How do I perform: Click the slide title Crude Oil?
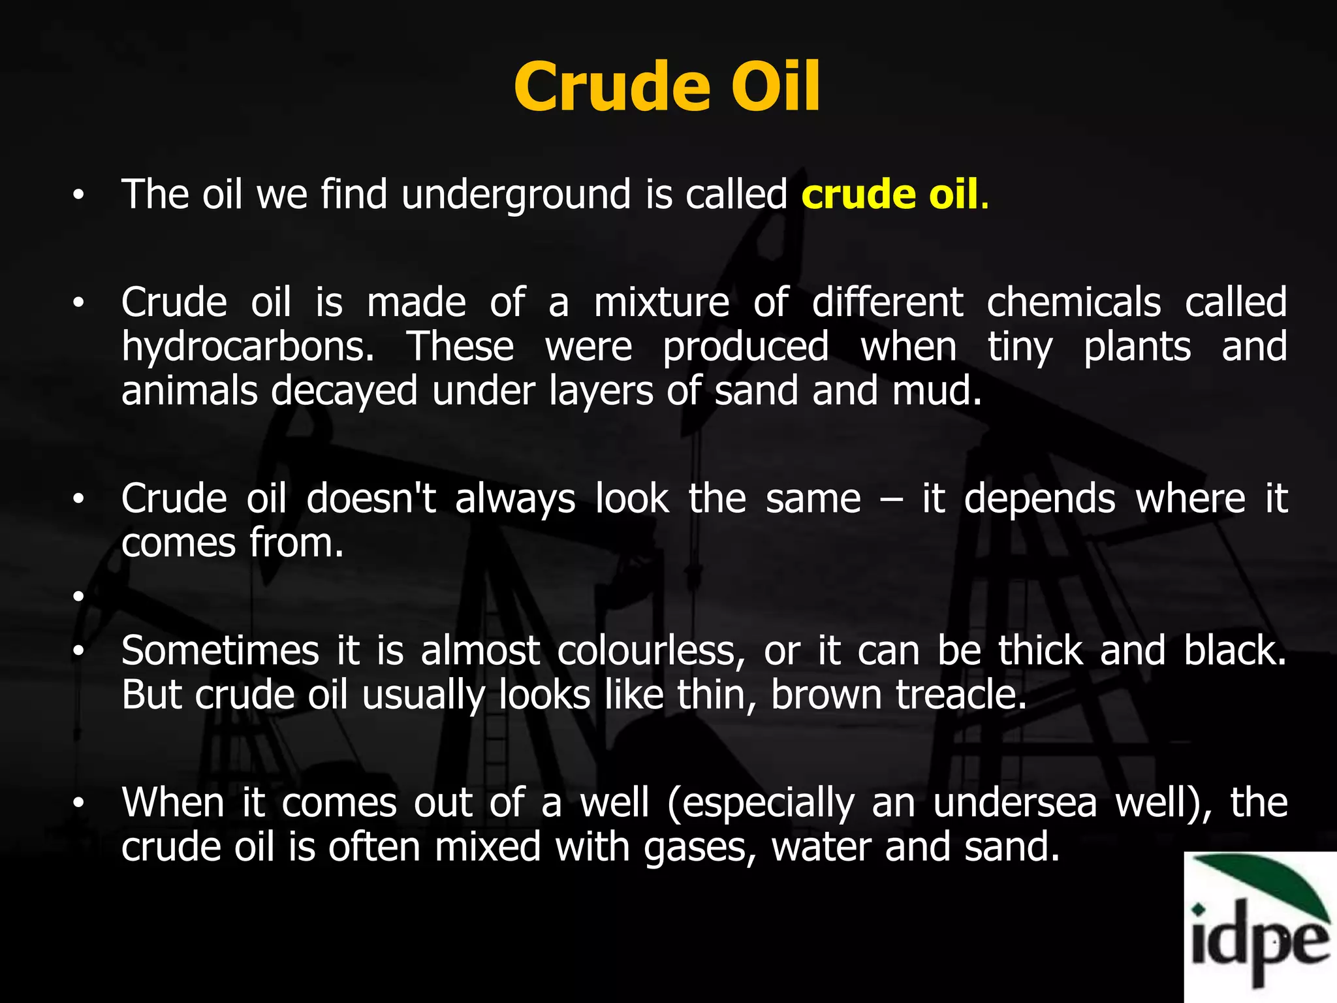[x=667, y=87]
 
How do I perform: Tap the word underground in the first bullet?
[x=516, y=195]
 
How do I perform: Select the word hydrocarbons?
[x=247, y=347]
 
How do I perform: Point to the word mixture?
[x=661, y=303]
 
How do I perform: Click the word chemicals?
[x=1073, y=303]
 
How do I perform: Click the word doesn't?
[x=371, y=500]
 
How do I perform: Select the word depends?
[x=1039, y=500]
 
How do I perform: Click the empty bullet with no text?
[x=79, y=596]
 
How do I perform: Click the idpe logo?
[x=1260, y=927]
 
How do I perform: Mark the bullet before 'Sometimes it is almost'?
[x=79, y=651]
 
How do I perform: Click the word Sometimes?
[x=220, y=651]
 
